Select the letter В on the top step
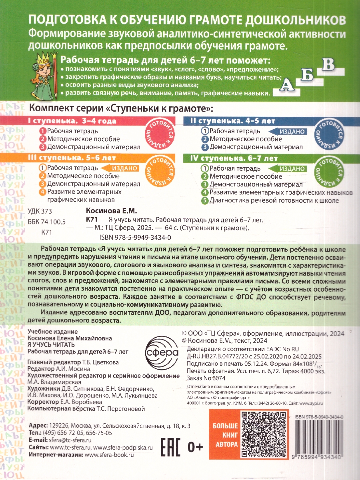(328, 64)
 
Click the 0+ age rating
(194, 444)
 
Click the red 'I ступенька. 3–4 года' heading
(72, 121)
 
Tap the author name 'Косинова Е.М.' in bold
(112, 210)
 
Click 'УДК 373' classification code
(40, 211)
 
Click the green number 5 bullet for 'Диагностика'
(205, 200)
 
